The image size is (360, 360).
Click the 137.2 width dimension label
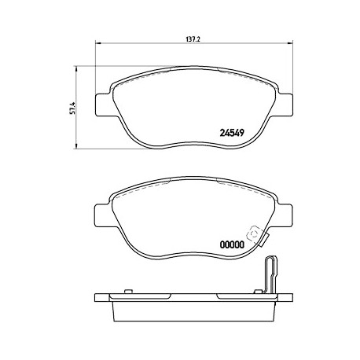click(x=193, y=39)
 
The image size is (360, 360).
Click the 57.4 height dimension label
click(x=74, y=108)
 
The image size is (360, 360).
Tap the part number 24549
click(x=232, y=133)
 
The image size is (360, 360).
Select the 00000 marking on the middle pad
click(x=232, y=244)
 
